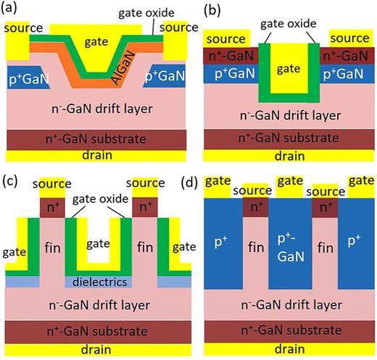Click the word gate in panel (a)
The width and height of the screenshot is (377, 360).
[96, 43]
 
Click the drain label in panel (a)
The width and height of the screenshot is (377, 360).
[96, 154]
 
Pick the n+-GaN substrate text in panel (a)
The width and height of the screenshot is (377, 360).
[96, 138]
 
